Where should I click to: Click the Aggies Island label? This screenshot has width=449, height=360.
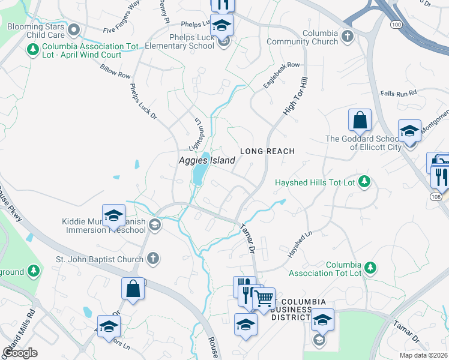tap(206, 160)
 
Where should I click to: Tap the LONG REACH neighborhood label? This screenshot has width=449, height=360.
tap(268, 151)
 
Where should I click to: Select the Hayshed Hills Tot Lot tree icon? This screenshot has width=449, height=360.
tap(363, 181)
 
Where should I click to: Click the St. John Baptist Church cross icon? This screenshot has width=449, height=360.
tap(153, 259)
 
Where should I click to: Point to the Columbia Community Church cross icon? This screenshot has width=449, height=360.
tap(347, 37)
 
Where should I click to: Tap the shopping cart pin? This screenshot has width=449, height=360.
tap(264, 299)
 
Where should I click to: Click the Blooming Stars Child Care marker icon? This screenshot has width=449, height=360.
tap(74, 29)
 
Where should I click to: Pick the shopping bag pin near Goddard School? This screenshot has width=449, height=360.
tap(360, 119)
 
